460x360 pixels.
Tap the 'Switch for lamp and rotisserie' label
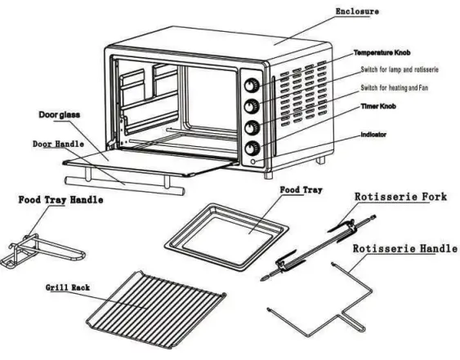[x=401, y=69]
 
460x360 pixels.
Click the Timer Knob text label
[x=381, y=106]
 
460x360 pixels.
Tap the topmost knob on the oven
[x=253, y=85]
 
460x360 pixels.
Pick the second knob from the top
[x=253, y=106]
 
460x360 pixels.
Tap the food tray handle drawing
[x=33, y=246]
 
